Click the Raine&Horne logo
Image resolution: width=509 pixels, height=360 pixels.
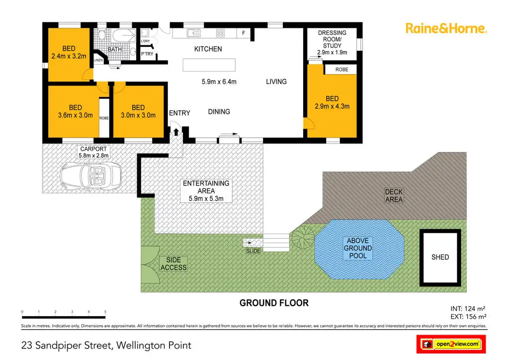pyautogui.click(x=446, y=28)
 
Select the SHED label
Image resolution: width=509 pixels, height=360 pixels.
pyautogui.click(x=440, y=257)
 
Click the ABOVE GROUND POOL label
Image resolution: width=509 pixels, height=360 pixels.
pyautogui.click(x=358, y=248)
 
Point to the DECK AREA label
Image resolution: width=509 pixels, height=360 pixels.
pyautogui.click(x=394, y=195)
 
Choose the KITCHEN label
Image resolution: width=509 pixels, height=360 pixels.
pyautogui.click(x=208, y=49)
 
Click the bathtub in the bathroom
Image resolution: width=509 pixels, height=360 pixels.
pyautogui.click(x=123, y=35)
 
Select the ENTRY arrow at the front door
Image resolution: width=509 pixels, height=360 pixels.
pyautogui.click(x=175, y=132)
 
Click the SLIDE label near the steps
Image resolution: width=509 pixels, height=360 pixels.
pyautogui.click(x=253, y=251)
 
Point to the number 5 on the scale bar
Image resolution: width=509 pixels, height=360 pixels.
pyautogui.click(x=105, y=312)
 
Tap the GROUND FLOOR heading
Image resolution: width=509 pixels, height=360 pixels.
pyautogui.click(x=274, y=303)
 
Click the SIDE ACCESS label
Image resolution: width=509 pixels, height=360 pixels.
pyautogui.click(x=173, y=264)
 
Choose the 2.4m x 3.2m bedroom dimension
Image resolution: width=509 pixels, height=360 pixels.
pyautogui.click(x=69, y=56)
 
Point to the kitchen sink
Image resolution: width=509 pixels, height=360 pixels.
pyautogui.click(x=191, y=33)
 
